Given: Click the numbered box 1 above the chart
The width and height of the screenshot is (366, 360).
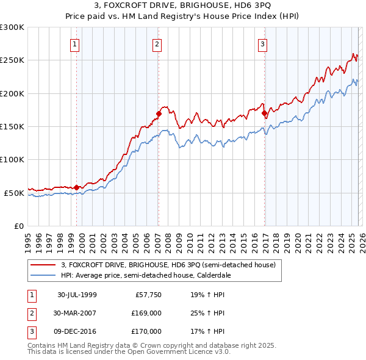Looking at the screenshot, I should [x=74, y=44].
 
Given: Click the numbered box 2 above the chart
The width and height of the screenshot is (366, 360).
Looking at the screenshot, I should [x=157, y=44].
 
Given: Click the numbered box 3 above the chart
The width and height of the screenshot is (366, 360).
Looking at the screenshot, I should [x=262, y=44].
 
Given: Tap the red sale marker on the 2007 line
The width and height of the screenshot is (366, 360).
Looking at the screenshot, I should [x=159, y=113].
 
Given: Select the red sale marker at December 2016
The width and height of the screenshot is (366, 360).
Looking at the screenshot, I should [x=264, y=113].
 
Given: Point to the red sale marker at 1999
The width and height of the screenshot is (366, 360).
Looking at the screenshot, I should [x=77, y=187].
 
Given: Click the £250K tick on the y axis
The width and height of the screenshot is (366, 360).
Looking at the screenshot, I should [x=12, y=60].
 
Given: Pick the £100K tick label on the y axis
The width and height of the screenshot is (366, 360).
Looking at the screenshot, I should [x=12, y=159].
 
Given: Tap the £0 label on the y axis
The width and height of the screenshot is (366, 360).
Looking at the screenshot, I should [x=18, y=226].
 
